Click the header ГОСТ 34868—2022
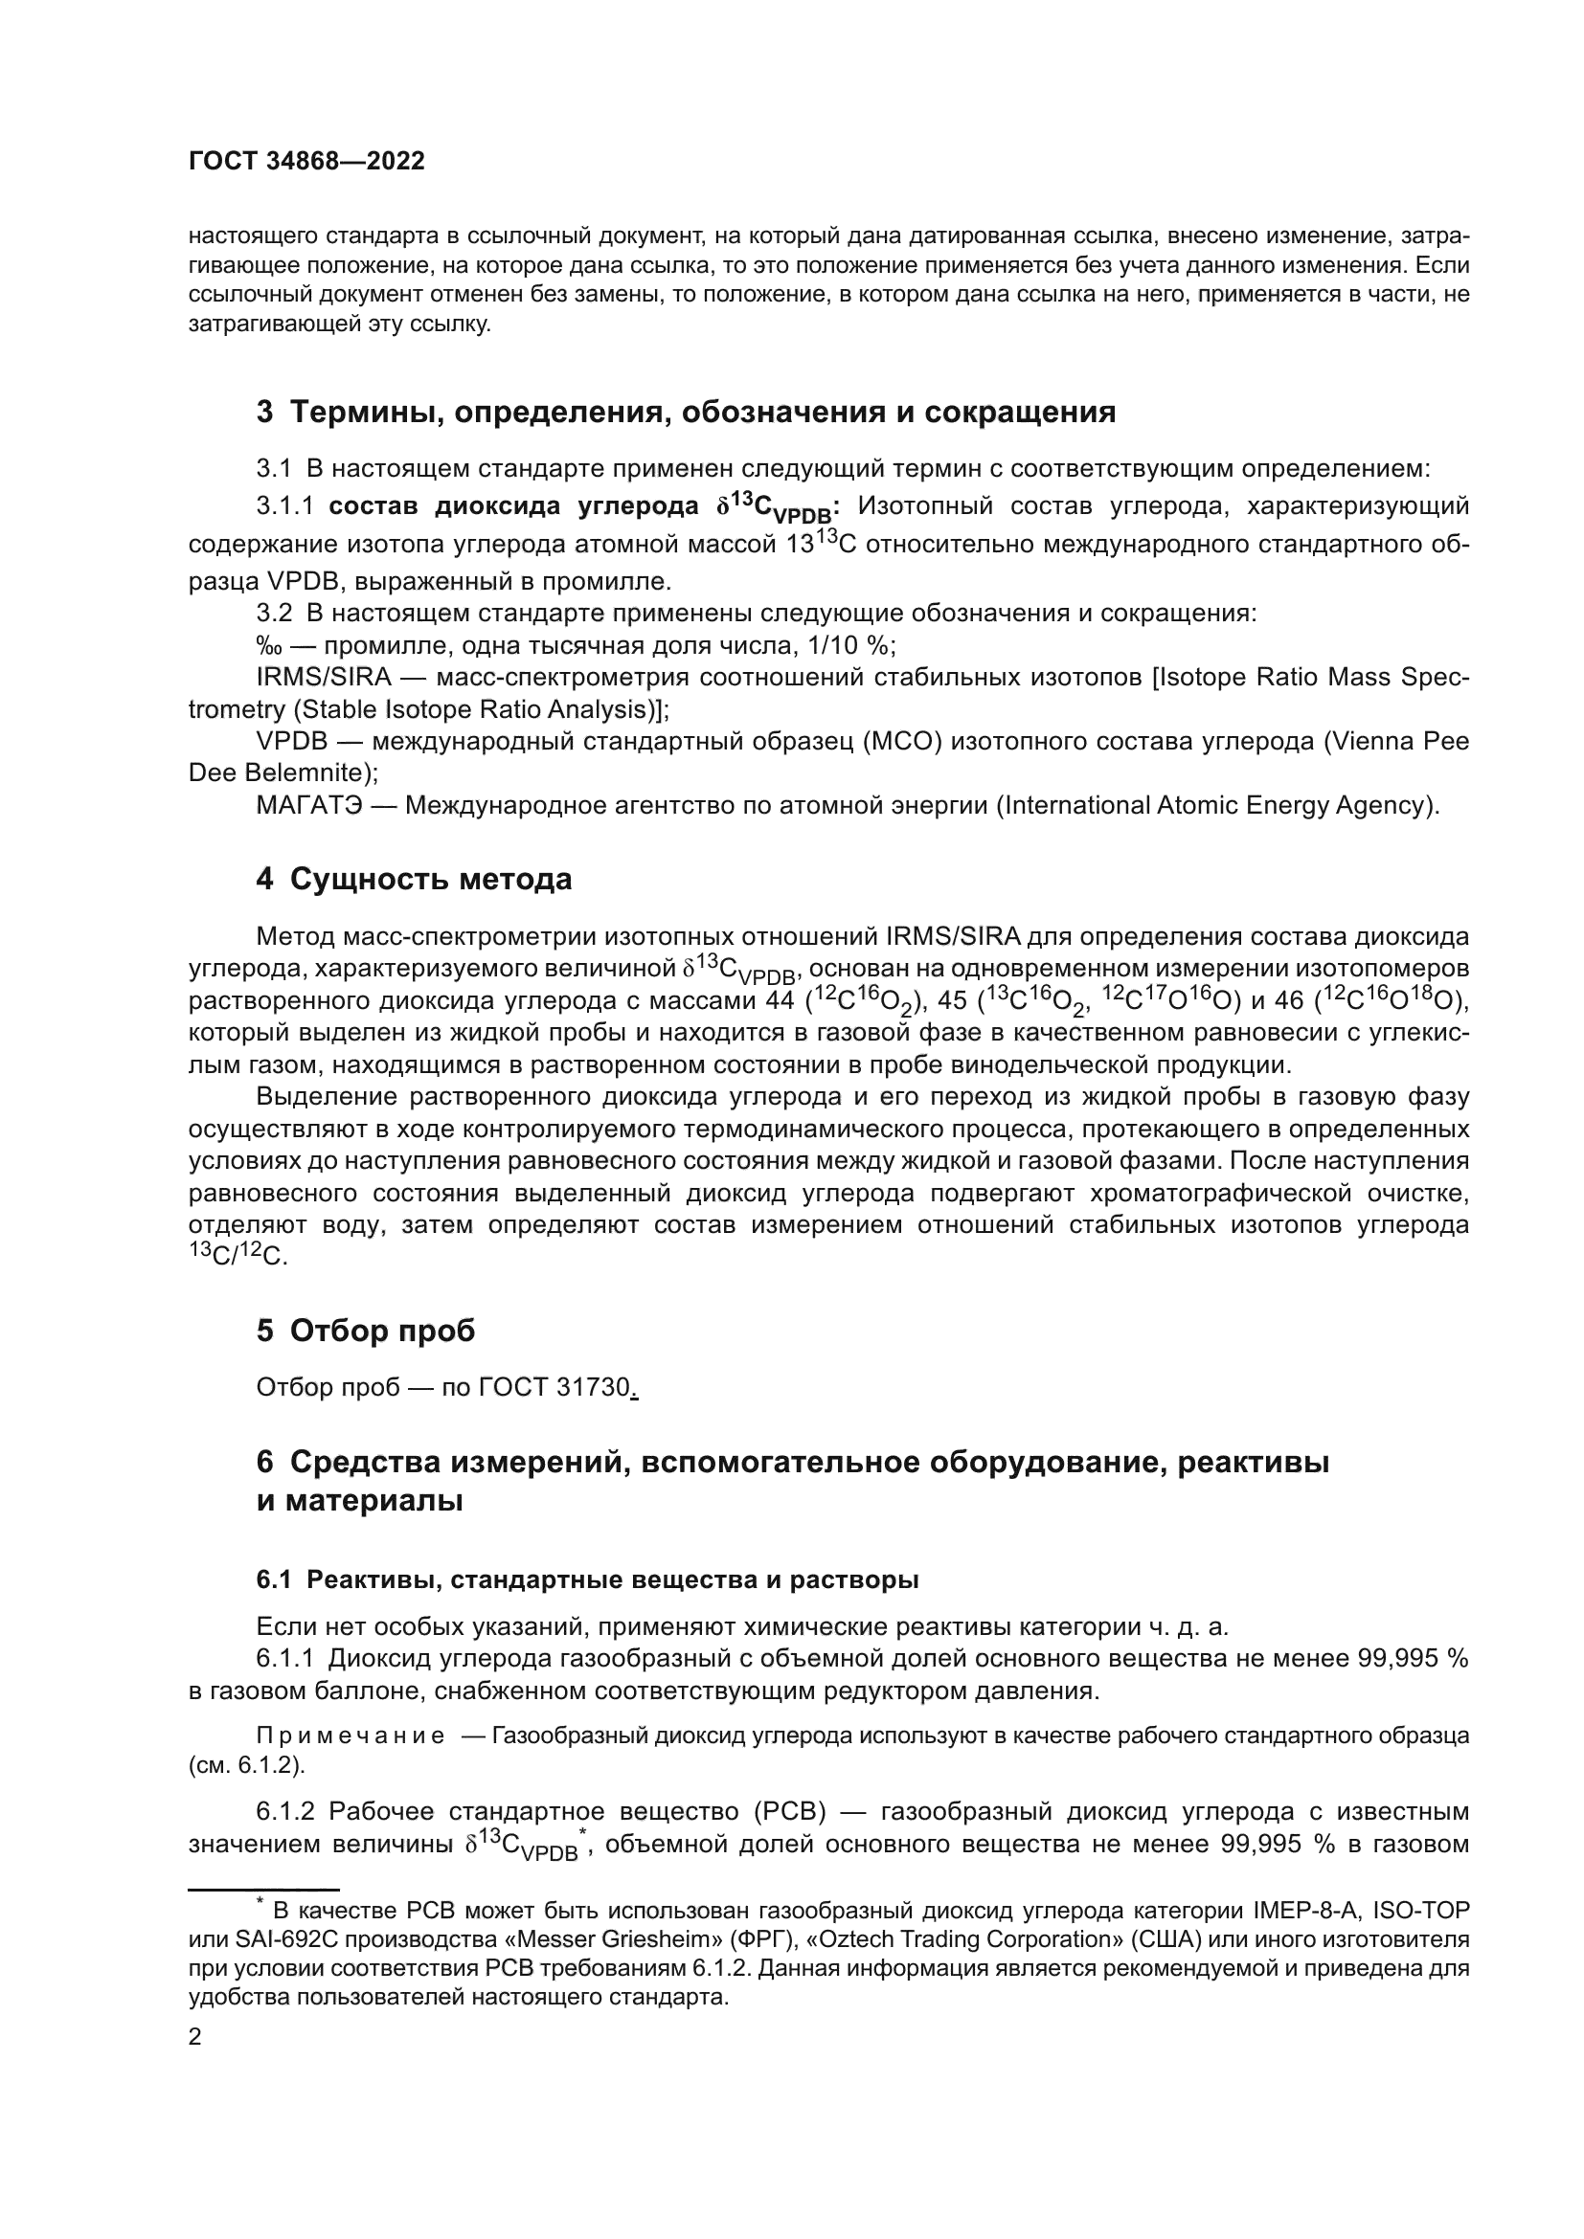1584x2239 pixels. click(306, 162)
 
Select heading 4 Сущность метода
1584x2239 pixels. click(414, 880)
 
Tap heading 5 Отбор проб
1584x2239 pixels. click(365, 1332)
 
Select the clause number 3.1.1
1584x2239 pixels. click(284, 506)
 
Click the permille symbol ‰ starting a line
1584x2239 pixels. click(268, 646)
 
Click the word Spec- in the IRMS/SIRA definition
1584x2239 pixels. click(1434, 677)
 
